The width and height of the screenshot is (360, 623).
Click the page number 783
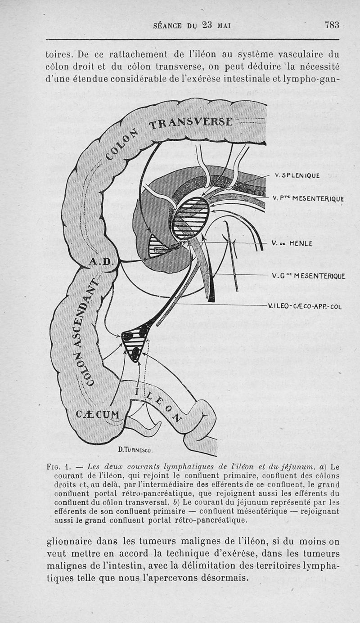click(x=332, y=25)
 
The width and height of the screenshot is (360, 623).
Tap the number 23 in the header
click(x=207, y=25)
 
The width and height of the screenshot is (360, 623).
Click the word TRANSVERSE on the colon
click(x=191, y=122)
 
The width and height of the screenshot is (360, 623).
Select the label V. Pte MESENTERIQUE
click(x=308, y=198)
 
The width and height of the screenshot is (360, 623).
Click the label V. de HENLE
click(x=292, y=243)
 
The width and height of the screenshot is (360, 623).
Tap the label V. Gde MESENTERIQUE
click(x=308, y=276)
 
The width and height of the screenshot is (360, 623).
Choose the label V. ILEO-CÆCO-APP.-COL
click(x=305, y=307)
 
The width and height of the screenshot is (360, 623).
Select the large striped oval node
click(x=191, y=218)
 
